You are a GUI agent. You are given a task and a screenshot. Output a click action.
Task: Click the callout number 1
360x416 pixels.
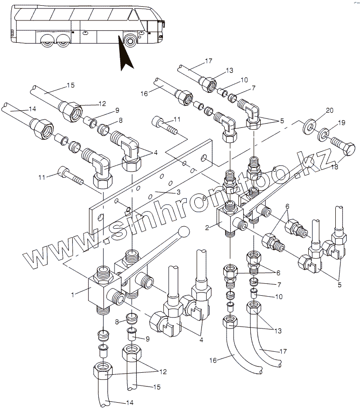(73, 295)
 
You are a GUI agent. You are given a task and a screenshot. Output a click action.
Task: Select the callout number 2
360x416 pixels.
(207, 227)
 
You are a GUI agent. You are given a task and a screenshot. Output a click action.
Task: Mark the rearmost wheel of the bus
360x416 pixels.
(47, 40)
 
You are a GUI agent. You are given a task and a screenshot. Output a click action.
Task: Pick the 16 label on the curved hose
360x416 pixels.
(213, 361)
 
